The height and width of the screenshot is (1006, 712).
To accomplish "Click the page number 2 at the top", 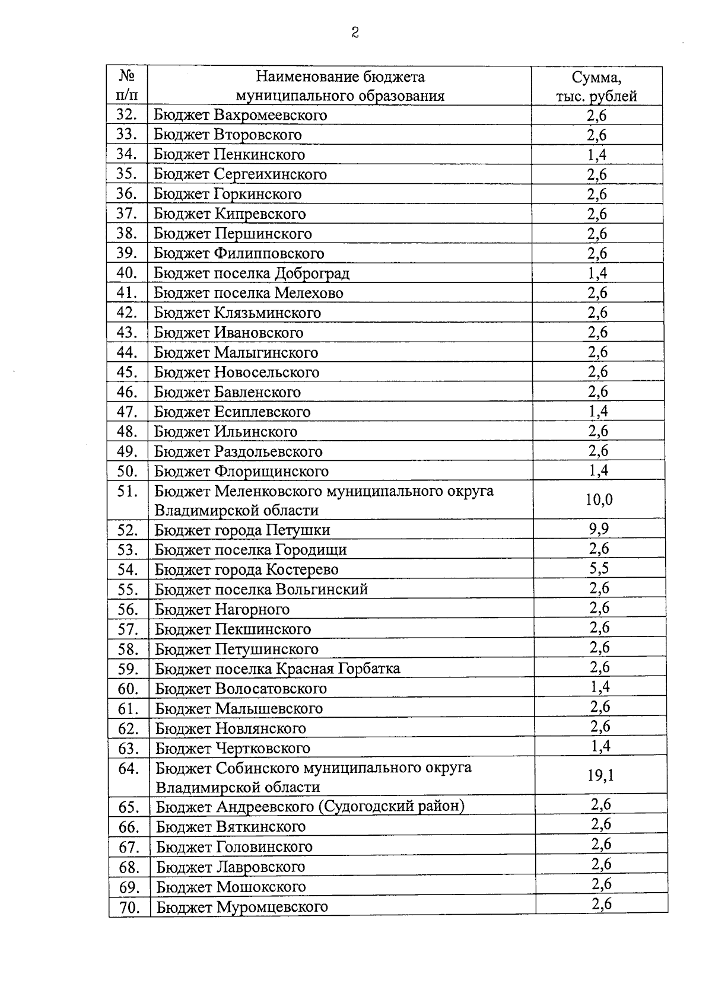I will pyautogui.click(x=355, y=33).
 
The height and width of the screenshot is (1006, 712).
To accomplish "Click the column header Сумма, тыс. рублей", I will pyautogui.click(x=596, y=87).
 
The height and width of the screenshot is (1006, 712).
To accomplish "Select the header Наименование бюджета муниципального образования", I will pyautogui.click(x=340, y=87).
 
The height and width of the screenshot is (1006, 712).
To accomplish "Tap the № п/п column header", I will pyautogui.click(x=126, y=86).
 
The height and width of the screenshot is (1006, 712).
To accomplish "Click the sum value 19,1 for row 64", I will pyautogui.click(x=600, y=776).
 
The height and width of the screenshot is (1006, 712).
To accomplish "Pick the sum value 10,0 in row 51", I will pyautogui.click(x=599, y=500).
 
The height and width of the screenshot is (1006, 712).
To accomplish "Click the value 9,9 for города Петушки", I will pyautogui.click(x=599, y=529).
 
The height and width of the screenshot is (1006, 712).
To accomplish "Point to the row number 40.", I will pyautogui.click(x=127, y=273).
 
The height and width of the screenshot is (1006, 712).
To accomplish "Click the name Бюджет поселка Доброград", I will pyautogui.click(x=252, y=273).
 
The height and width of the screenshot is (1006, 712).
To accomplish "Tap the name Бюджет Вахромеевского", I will pyautogui.click(x=240, y=115).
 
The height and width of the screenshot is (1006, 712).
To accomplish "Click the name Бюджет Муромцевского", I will pyautogui.click(x=242, y=907).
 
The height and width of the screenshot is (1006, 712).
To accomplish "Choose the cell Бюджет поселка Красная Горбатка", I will pyautogui.click(x=278, y=669).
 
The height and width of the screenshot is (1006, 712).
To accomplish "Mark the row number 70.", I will pyautogui.click(x=129, y=907).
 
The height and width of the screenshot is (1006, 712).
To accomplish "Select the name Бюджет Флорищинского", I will pyautogui.click(x=241, y=472).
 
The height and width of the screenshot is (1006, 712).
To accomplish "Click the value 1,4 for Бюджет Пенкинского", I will pyautogui.click(x=597, y=155).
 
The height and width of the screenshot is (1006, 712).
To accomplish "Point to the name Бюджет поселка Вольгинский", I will pyautogui.click(x=262, y=590).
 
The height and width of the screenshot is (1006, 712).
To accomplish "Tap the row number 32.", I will pyautogui.click(x=127, y=114).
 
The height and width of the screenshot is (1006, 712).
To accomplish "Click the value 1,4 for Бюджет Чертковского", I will pyautogui.click(x=600, y=746).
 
